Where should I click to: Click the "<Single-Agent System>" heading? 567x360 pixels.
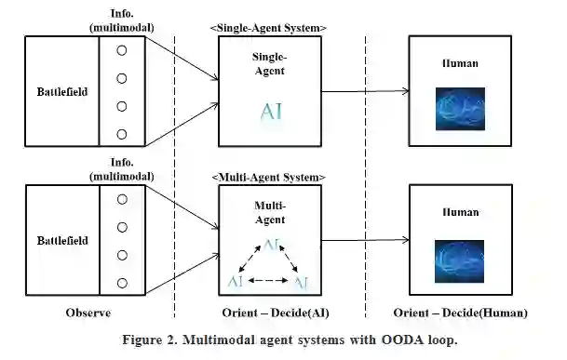(x=268, y=28)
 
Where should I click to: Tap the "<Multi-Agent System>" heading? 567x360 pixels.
(x=268, y=178)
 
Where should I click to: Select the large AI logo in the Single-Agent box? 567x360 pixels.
(x=271, y=112)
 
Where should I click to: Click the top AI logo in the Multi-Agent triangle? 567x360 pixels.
(x=271, y=245)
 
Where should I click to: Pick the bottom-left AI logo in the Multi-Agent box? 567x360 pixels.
(x=236, y=281)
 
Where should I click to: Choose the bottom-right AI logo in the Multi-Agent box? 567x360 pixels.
(x=302, y=282)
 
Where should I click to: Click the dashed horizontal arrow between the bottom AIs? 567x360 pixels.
(x=268, y=280)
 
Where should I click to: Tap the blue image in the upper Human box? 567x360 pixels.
(x=460, y=109)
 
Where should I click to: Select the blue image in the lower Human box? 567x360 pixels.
(x=460, y=261)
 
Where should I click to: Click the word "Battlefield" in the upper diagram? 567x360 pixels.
(x=62, y=92)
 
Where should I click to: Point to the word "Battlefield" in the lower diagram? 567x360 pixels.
(x=62, y=241)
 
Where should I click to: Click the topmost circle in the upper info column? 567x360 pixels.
(x=122, y=50)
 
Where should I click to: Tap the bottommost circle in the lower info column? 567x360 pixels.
(x=123, y=283)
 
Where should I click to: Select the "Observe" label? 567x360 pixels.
(x=88, y=313)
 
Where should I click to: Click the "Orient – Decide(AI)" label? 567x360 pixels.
(x=276, y=313)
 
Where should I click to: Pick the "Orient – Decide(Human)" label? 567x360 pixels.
(x=460, y=313)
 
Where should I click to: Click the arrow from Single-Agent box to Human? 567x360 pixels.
(x=365, y=91)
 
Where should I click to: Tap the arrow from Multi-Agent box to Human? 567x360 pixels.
(x=365, y=240)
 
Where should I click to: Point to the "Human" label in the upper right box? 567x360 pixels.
(x=460, y=63)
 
